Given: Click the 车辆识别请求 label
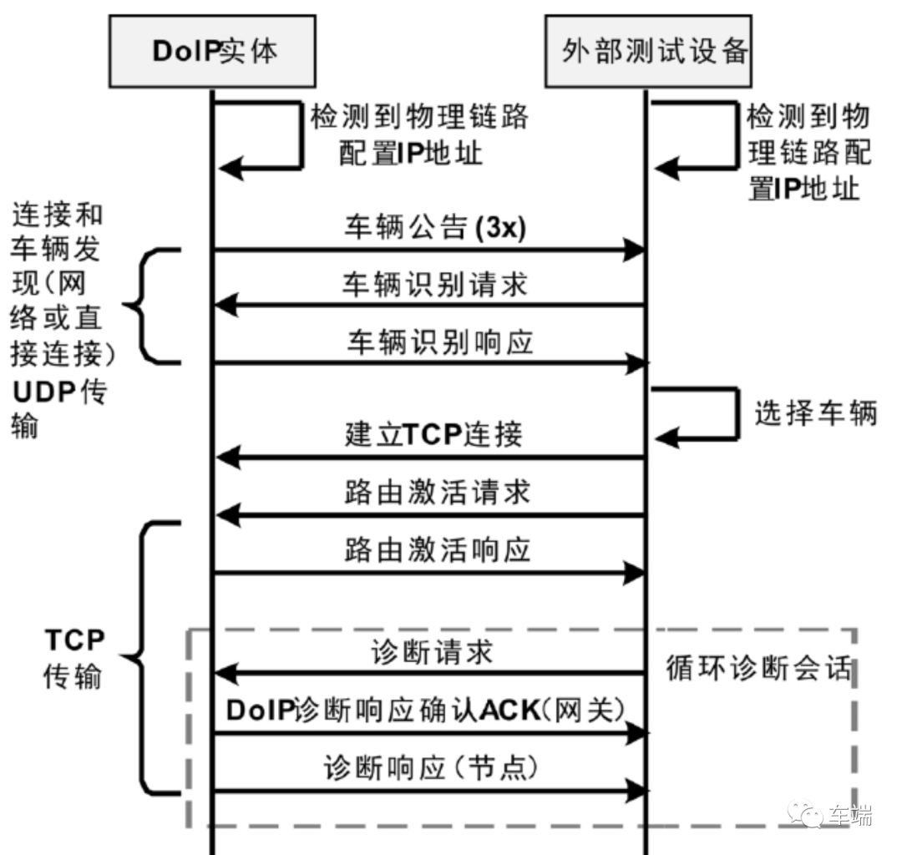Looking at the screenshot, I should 434,285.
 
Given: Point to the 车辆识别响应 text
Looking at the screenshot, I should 439,342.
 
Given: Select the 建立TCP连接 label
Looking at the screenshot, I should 433,435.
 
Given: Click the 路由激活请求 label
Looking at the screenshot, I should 436,492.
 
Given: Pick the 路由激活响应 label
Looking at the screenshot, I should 436,550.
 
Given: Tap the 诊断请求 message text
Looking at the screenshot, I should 431,652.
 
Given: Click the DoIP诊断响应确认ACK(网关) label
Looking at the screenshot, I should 426,710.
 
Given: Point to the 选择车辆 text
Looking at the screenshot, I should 815,413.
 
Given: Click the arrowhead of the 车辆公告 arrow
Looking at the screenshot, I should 636,250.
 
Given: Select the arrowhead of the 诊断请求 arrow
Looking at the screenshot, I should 225,672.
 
